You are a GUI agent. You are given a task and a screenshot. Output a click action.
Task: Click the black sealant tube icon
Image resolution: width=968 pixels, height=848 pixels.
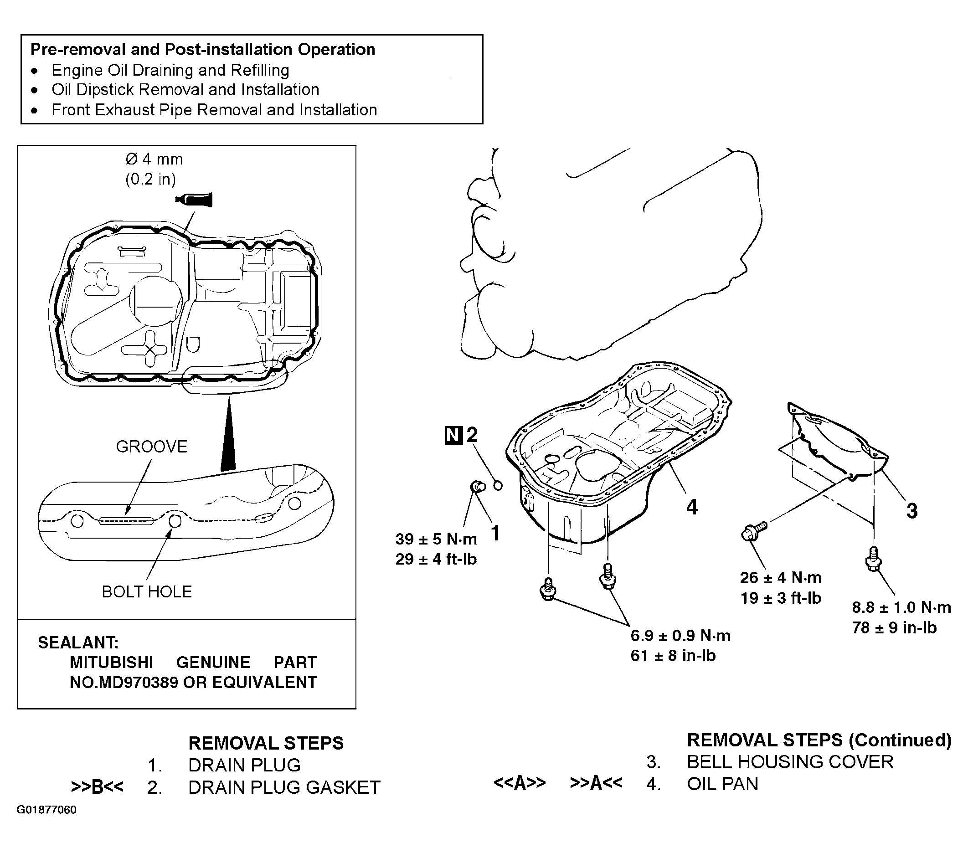194,200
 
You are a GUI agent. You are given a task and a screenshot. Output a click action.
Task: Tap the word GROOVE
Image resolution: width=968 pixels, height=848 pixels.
151,446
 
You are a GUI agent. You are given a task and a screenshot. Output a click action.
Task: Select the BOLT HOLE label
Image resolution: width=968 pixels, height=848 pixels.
147,591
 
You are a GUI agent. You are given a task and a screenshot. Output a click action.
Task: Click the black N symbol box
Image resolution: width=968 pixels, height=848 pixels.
453,435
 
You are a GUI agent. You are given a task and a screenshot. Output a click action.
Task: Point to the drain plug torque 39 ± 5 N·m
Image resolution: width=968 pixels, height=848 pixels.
436,539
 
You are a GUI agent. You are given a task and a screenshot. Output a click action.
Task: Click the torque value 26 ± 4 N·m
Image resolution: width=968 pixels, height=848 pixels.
781,578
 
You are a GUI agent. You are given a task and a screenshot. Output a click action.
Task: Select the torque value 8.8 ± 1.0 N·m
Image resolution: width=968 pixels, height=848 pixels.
901,607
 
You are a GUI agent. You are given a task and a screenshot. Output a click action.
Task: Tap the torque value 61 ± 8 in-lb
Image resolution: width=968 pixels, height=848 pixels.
673,655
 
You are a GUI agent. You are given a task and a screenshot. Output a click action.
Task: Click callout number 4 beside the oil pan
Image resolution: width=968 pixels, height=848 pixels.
692,507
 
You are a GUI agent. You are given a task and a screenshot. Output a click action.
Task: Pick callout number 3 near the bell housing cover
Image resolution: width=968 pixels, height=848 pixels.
911,511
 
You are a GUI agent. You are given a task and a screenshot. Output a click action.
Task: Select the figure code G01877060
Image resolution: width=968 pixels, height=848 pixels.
46,810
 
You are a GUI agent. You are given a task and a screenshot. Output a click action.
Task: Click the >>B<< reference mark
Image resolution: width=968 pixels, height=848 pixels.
97,787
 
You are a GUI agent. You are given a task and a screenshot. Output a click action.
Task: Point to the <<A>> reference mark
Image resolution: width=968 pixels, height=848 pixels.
519,783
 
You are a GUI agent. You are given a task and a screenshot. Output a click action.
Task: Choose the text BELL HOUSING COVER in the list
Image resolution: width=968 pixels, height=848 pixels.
790,762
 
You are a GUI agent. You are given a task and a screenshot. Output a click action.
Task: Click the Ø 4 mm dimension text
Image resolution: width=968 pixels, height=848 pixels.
154,159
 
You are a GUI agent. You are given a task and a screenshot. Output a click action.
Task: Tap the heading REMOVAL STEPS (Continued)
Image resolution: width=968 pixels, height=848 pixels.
819,740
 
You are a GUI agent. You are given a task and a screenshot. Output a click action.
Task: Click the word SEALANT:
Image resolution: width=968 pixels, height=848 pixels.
78,642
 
